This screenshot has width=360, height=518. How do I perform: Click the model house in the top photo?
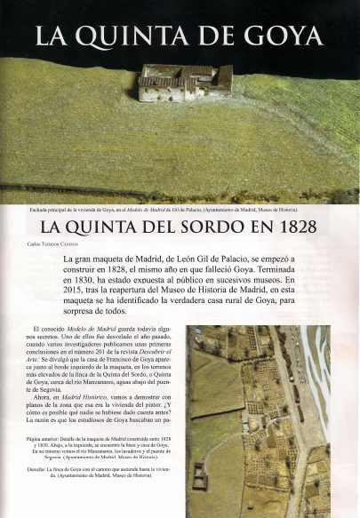[x=184, y=82]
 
